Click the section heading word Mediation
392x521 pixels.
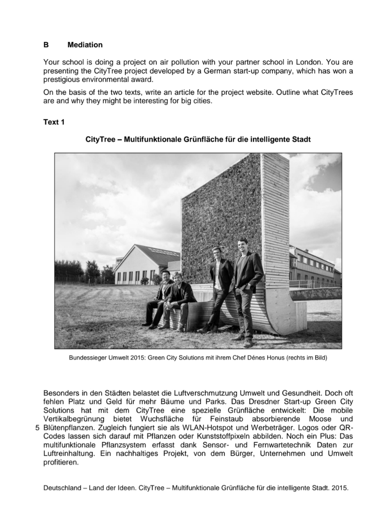click(x=85, y=45)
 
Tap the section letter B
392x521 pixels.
click(x=46, y=45)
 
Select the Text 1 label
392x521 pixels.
click(x=54, y=122)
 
